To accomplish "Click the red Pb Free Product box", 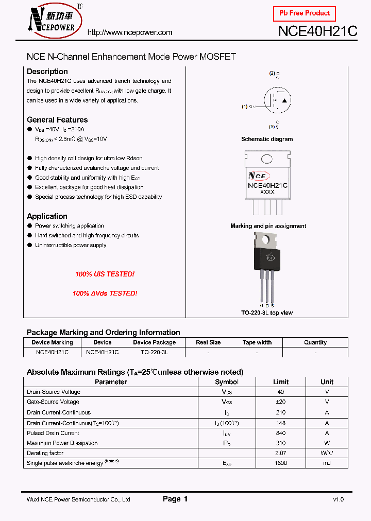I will point(304,13).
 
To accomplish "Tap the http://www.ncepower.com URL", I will point(130,32).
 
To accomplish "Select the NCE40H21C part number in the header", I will point(317,31).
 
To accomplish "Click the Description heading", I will point(47,72).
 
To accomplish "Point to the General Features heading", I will point(57,120).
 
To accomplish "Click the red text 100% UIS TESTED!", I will point(105,274).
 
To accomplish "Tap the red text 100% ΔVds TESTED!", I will point(105,293).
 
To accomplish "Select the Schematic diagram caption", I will point(267,139).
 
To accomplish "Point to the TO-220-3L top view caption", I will point(267,313).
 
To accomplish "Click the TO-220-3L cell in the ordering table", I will point(154,353).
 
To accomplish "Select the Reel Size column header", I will point(208,342).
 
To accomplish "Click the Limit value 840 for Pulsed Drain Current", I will point(281,433).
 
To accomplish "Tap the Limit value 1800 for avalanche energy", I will point(281,463).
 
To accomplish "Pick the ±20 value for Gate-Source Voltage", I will point(281,402).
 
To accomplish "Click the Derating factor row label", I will point(45,453).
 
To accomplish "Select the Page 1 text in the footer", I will point(175,499).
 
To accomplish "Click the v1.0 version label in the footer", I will point(338,499).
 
